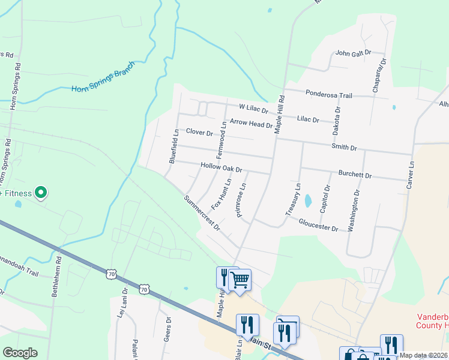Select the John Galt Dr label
click(354, 53)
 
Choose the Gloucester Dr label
click(318, 225)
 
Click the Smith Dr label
click(344, 147)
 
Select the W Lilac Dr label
click(253, 110)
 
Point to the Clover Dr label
click(200, 131)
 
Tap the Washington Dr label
click(354, 211)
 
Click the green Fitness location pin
click(41, 193)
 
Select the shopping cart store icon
click(240, 279)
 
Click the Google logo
click(20, 353)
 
